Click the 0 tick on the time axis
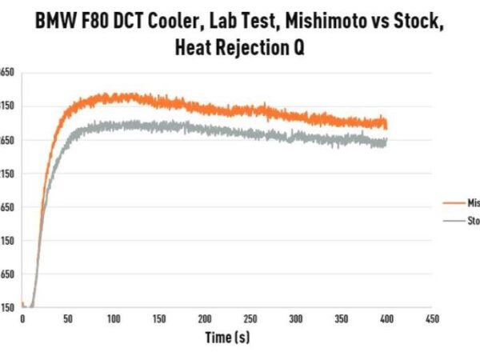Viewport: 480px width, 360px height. tap(22, 319)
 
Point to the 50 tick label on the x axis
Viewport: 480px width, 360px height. tap(68, 319)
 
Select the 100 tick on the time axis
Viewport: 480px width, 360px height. tap(114, 319)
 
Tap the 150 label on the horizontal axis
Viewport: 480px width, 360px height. tap(159, 319)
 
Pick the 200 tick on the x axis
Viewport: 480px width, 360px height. tap(205, 319)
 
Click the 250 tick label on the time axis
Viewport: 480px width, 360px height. tap(250, 319)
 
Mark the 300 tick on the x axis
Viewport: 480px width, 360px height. tap(296, 319)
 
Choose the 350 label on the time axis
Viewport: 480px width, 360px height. tap(342, 319)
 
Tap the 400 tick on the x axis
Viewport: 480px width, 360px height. tap(387, 319)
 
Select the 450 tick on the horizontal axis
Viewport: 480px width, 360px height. tap(433, 319)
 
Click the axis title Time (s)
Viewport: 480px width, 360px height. tap(227, 338)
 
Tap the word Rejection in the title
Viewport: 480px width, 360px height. tap(250, 48)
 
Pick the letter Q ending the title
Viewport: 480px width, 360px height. tap(300, 48)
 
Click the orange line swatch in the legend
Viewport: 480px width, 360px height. tap(454, 202)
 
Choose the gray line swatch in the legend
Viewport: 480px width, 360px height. tap(454, 220)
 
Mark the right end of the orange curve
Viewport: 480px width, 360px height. tap(387, 124)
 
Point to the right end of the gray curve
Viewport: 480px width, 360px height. tap(387, 142)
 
